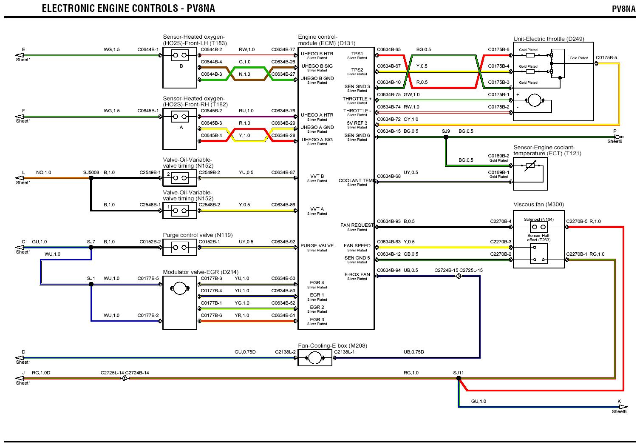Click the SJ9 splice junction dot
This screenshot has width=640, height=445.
click(x=446, y=137)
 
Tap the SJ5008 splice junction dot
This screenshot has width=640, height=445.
click(x=91, y=178)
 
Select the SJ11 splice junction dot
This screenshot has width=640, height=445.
click(x=458, y=378)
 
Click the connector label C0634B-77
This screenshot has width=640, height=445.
click(x=283, y=49)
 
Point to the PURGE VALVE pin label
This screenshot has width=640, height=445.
click(x=317, y=245)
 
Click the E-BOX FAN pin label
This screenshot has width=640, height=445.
click(x=357, y=274)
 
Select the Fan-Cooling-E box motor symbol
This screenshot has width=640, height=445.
click(x=314, y=359)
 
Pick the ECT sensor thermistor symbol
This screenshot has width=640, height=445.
click(x=530, y=167)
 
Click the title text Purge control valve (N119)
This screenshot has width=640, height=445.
click(x=198, y=235)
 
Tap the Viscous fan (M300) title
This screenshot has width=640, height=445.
click(x=538, y=204)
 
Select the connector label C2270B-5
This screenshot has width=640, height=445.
click(x=577, y=221)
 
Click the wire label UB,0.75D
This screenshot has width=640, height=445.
click(x=413, y=352)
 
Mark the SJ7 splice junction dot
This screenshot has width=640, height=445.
click(x=91, y=248)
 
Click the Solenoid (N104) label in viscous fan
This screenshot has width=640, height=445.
click(x=538, y=220)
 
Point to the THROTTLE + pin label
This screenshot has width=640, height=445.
click(x=357, y=99)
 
